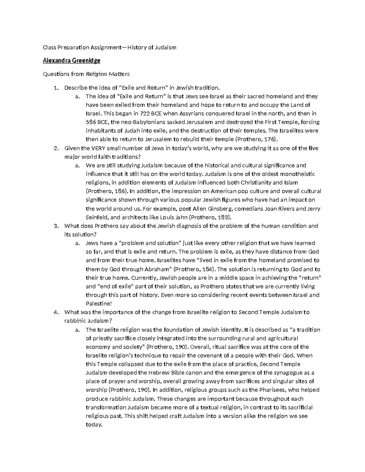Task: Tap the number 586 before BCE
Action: click(91, 122)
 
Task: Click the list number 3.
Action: click(56, 226)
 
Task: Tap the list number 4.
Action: click(56, 312)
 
